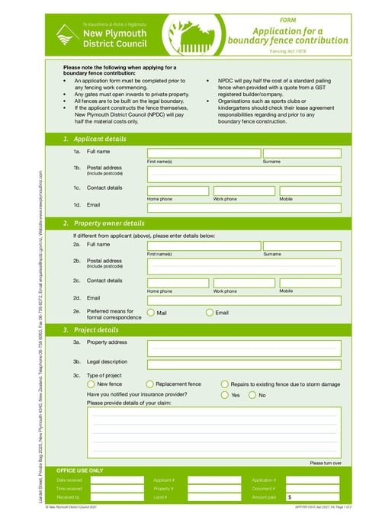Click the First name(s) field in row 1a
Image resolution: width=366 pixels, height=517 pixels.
203,153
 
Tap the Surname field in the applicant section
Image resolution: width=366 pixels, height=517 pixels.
301,153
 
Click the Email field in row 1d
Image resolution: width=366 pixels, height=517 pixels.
244,206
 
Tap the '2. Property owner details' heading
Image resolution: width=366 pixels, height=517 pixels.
103,223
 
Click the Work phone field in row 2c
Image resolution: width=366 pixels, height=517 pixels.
244,283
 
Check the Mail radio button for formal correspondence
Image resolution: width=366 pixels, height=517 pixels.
151,313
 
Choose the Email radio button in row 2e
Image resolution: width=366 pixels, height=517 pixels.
210,313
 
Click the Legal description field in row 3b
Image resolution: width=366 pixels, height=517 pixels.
244,364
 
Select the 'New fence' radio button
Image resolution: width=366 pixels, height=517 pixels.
91,384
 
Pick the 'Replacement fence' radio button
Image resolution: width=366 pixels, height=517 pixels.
150,384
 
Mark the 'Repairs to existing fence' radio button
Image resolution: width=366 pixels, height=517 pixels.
225,384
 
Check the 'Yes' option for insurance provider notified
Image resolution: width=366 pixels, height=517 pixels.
225,395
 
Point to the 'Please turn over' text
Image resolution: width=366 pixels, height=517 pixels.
325,463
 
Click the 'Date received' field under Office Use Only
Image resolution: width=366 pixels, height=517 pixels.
117,480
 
